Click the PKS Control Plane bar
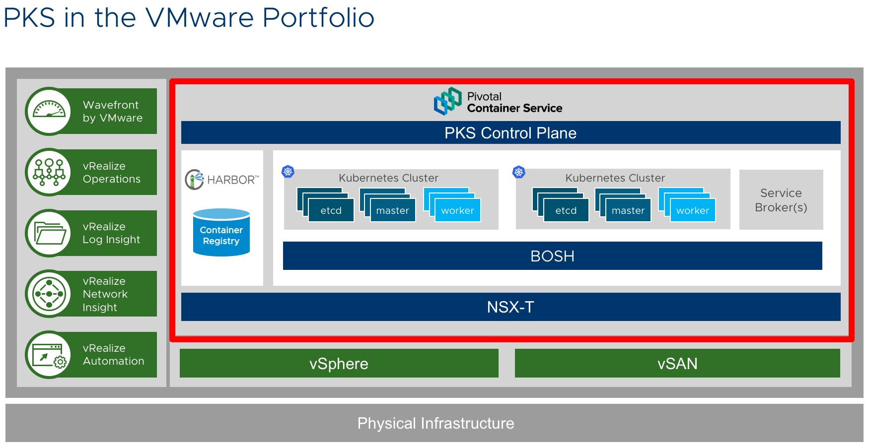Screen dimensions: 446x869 [x=510, y=133]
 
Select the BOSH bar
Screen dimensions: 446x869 [x=552, y=256]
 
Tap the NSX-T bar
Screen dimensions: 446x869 [x=510, y=307]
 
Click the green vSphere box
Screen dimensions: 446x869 [x=339, y=364]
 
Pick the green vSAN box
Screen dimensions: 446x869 [x=677, y=364]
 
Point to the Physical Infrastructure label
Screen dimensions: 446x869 [x=435, y=423]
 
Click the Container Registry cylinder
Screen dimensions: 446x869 [x=221, y=233]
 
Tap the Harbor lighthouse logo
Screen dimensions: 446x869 [x=194, y=180]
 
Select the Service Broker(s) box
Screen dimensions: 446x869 [x=781, y=200]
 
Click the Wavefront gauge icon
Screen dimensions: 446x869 [x=49, y=111]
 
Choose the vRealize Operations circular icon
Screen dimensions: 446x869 [x=49, y=172]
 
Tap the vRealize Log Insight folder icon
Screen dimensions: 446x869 [x=49, y=233]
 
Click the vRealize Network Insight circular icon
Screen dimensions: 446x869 [x=49, y=294]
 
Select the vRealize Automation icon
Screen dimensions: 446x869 [x=49, y=355]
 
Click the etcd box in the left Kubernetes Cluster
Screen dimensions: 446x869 [x=331, y=210]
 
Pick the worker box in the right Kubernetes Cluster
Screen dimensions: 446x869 [x=693, y=210]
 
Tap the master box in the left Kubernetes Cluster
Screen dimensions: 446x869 [x=392, y=210]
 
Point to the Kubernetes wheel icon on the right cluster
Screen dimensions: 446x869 [x=519, y=172]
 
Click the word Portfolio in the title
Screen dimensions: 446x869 [x=318, y=18]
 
